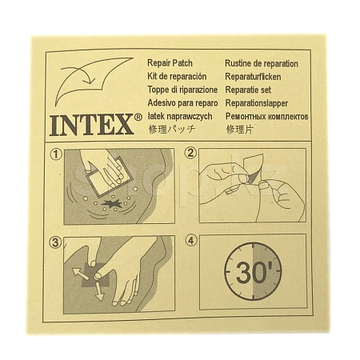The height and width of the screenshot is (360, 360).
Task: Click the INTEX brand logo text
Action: (x=91, y=125)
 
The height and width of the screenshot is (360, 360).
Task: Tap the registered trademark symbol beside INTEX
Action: (x=138, y=117)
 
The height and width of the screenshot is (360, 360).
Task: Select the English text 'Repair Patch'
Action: (x=170, y=63)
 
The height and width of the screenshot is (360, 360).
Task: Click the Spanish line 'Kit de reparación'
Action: (x=177, y=77)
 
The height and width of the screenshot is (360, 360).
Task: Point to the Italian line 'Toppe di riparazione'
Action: (x=182, y=90)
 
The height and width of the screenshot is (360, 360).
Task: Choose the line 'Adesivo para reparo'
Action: (x=182, y=102)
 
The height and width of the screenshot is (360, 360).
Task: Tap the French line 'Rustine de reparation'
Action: (x=262, y=63)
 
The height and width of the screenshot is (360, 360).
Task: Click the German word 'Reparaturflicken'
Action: (x=253, y=77)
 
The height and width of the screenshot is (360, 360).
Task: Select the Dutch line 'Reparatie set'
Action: (x=248, y=90)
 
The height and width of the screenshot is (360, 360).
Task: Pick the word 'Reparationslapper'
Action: (x=257, y=103)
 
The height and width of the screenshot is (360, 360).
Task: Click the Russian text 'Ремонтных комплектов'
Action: (x=267, y=116)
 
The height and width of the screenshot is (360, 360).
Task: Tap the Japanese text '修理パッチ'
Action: (x=172, y=130)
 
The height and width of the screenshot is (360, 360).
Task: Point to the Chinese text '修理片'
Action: (x=239, y=130)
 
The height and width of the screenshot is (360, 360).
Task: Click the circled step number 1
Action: (x=56, y=154)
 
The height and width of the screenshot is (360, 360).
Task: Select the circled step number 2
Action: (x=190, y=154)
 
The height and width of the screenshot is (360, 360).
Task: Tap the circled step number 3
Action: (x=55, y=242)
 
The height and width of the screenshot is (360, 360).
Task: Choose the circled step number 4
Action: (x=191, y=241)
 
